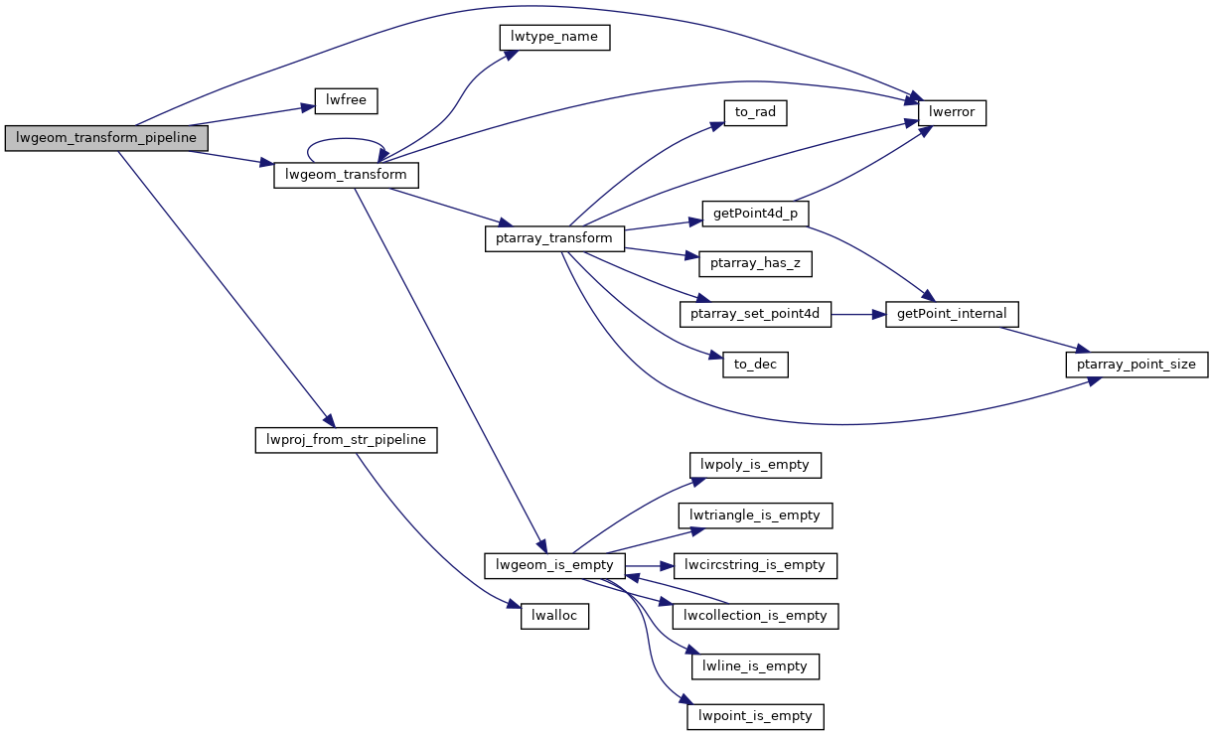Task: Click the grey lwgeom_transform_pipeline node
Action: click(106, 138)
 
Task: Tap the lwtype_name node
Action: click(552, 38)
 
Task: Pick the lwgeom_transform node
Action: click(346, 176)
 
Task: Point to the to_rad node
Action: click(755, 113)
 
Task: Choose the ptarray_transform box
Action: click(554, 238)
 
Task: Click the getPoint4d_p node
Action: click(755, 214)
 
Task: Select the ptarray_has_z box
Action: click(755, 263)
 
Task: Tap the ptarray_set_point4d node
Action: click(755, 314)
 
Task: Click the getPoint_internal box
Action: click(952, 314)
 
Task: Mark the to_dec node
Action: click(755, 365)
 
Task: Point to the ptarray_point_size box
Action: click(1137, 365)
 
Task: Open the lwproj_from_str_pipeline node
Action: click(346, 440)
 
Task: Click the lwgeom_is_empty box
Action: click(554, 565)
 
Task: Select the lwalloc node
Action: click(554, 616)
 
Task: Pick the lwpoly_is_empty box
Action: click(755, 465)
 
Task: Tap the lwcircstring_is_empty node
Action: click(755, 565)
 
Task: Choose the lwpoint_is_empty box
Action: click(755, 716)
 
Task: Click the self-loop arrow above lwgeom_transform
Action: click(346, 140)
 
